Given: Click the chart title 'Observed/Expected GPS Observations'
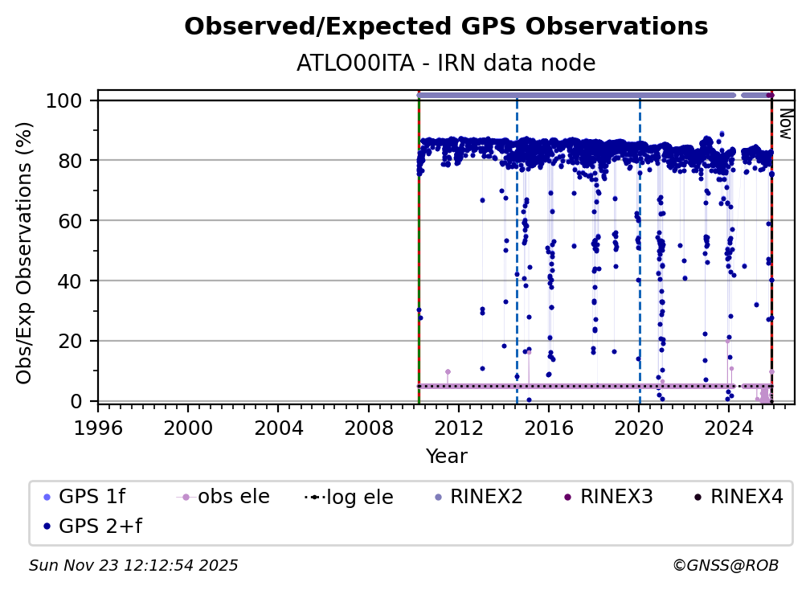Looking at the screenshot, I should (x=446, y=27).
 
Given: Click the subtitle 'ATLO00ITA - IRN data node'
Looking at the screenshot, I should (x=446, y=63).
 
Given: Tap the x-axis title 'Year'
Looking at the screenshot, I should (x=446, y=457).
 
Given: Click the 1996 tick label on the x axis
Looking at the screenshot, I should (x=98, y=424).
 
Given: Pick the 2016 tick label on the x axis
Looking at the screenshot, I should (x=549, y=424).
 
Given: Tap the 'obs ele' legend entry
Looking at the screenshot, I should (x=234, y=497).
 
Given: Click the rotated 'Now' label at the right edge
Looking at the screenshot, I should (x=785, y=125).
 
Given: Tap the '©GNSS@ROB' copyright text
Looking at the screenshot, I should (x=725, y=565).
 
